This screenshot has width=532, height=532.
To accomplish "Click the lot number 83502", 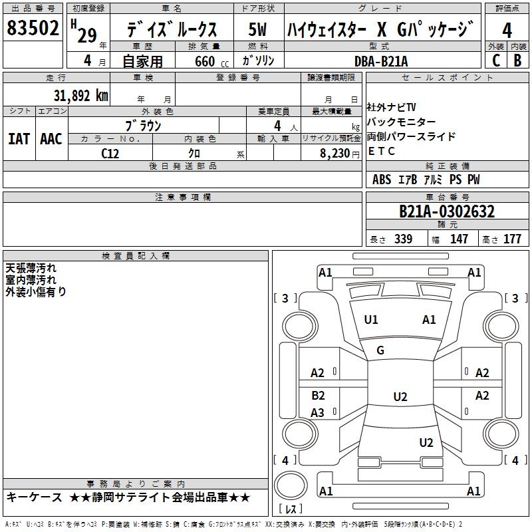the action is click(x=33, y=30).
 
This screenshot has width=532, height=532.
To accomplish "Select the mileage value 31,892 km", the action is click(x=80, y=95).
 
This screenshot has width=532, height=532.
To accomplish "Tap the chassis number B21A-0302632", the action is click(x=446, y=211).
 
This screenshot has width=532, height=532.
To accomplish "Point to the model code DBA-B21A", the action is click(x=382, y=61).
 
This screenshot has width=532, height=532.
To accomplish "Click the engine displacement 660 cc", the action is click(x=204, y=61).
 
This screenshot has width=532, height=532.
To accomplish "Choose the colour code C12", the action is click(x=110, y=153).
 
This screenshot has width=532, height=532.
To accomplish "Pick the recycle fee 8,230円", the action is click(x=331, y=153).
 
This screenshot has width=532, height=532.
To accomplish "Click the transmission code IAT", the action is click(x=19, y=139).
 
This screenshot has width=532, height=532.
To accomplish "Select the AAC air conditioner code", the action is click(x=51, y=139).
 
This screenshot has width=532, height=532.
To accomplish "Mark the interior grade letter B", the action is click(x=517, y=61).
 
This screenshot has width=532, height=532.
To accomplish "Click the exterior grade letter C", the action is click(x=495, y=61).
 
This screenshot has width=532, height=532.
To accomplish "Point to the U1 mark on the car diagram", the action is click(x=371, y=320).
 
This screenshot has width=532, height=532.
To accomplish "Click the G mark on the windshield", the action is click(x=380, y=350).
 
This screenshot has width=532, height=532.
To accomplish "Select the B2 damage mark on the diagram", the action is click(x=318, y=396).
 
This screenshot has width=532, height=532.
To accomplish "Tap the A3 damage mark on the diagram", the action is click(x=318, y=413).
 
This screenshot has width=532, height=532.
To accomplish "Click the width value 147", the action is click(x=459, y=239).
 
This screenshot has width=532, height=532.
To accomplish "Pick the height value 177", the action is click(x=512, y=239).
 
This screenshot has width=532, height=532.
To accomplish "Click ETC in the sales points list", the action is click(x=382, y=151).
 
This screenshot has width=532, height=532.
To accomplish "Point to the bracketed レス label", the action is click(x=290, y=509).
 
